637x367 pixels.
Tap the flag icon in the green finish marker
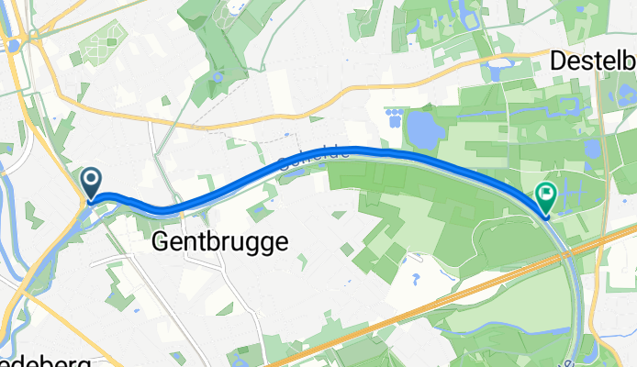(x=546, y=194)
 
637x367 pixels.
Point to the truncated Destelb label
(x=593, y=61)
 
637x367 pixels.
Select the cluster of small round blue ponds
(x=395, y=117)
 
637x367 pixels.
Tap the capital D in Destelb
(x=560, y=61)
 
